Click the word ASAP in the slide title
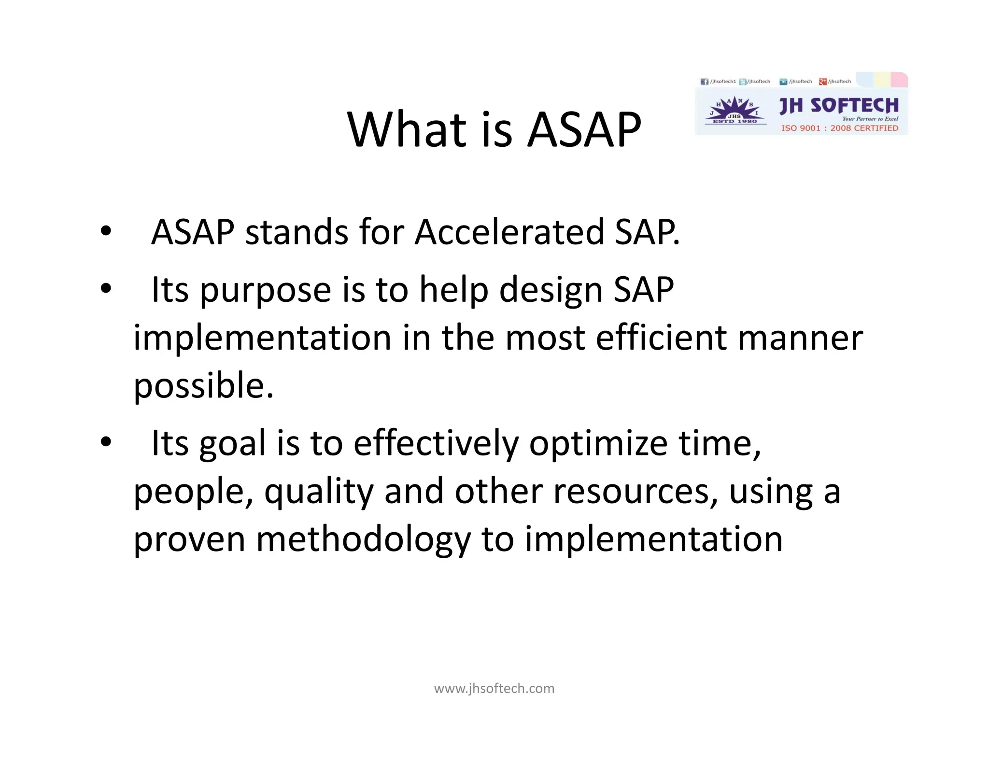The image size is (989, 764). (584, 129)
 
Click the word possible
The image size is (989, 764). (203, 386)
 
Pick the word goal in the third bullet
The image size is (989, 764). (232, 444)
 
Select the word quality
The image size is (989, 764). (319, 492)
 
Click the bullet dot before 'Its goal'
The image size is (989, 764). (106, 441)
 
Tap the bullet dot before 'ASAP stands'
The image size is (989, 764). (106, 231)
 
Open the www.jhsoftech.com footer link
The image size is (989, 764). (494, 688)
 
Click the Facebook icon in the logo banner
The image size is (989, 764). (704, 82)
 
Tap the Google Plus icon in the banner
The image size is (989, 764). (822, 82)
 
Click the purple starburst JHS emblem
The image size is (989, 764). (735, 110)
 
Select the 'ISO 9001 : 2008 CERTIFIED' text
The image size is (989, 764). (840, 128)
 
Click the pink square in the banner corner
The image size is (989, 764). (899, 79)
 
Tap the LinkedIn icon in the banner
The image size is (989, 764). (783, 82)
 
